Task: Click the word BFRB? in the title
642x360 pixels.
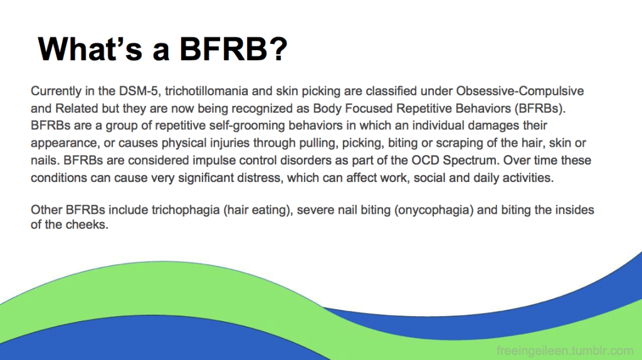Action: [233, 49]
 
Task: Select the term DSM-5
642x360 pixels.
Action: [139, 91]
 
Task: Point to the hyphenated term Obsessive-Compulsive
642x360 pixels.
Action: [520, 91]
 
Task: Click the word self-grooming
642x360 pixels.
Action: [247, 125]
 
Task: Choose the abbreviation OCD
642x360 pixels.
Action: [425, 160]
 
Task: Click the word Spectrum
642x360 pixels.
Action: [471, 161]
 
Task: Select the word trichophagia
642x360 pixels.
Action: [186, 210]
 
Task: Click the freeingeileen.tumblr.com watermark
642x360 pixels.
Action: [565, 351]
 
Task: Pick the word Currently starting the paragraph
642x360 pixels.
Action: [56, 91]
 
